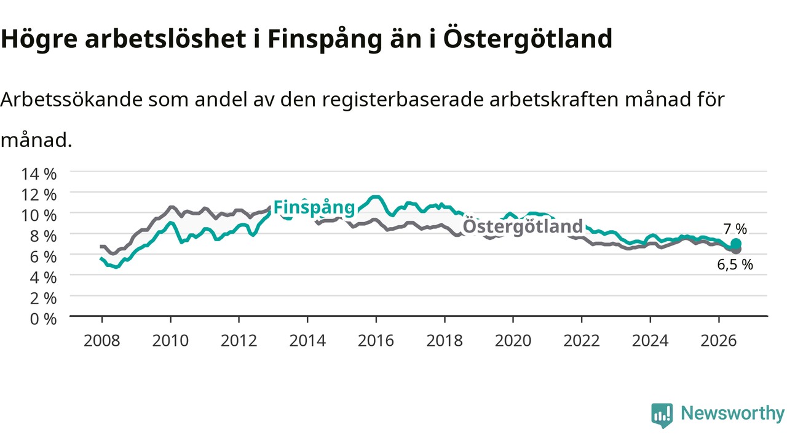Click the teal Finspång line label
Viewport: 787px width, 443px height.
314,208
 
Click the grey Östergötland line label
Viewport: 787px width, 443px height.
523,226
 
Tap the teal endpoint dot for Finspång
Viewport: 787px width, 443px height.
736,244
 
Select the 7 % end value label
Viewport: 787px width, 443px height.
735,229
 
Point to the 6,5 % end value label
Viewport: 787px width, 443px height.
735,265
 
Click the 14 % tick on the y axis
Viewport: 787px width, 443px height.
39,174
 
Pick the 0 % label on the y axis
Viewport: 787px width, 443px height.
43,319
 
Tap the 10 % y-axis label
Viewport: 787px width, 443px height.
39,215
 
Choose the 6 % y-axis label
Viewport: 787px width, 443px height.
43,257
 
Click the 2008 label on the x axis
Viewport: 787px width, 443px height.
102,341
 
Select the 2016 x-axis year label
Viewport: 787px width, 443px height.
376,341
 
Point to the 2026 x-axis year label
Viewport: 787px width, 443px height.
719,341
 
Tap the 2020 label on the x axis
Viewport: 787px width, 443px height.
513,341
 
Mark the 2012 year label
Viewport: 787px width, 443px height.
239,341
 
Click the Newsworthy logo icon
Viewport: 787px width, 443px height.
662,415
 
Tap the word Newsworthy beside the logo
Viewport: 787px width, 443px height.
732,413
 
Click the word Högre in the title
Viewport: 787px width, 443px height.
39,39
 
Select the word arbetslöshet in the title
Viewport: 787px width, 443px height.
165,38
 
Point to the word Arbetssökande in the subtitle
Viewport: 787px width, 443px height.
72,100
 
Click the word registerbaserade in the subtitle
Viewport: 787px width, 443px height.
403,100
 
